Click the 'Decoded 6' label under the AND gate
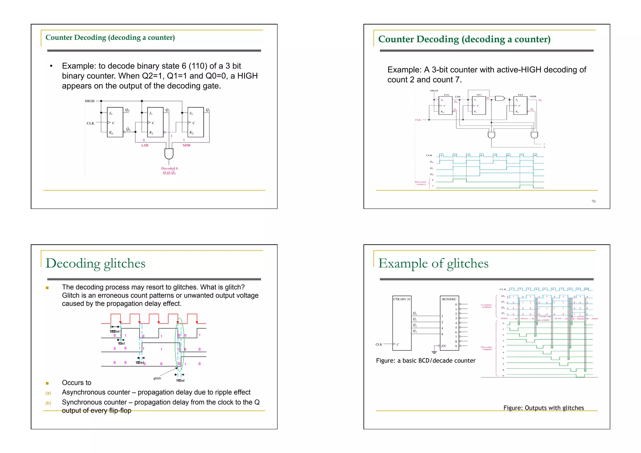[x=169, y=168]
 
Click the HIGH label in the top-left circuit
[x=90, y=101]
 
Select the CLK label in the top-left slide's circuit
[x=90, y=123]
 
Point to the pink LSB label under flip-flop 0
[x=145, y=145]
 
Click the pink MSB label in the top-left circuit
[x=186, y=145]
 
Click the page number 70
[x=593, y=201]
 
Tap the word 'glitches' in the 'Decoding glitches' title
[x=125, y=263]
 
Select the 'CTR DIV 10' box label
[x=402, y=299]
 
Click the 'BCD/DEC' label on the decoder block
[x=449, y=299]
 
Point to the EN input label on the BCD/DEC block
[x=444, y=346]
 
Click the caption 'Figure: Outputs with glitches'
[x=543, y=408]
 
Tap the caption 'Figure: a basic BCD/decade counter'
[x=425, y=361]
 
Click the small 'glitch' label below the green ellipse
[x=157, y=379]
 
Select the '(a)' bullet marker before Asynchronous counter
[x=48, y=393]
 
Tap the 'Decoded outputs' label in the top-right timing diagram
[x=420, y=183]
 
